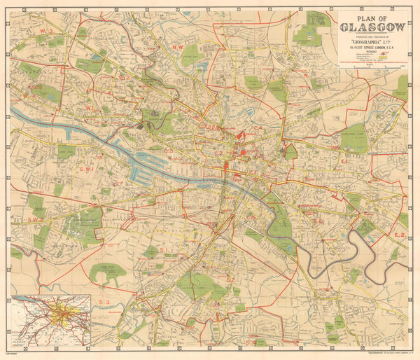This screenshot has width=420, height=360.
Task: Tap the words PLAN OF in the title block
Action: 372,18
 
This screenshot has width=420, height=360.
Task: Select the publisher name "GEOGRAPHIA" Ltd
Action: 372,41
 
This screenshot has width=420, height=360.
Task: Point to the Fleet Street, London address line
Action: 372,47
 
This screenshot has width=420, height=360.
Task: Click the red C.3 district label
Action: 169,151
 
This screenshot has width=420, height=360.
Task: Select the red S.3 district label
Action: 105,301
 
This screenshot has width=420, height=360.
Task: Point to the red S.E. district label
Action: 316,221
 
